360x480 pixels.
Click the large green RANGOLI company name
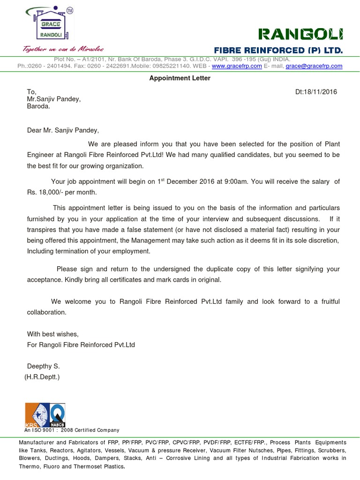click(300, 34)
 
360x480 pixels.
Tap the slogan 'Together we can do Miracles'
click(64, 49)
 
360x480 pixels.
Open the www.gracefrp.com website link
click(233, 66)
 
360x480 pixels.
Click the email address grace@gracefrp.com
click(314, 66)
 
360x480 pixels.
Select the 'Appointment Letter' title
click(180, 78)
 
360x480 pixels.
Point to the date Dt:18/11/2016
click(316, 92)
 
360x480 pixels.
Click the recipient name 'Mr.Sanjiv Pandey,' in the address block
click(53, 99)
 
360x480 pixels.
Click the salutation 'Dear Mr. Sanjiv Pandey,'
click(63, 130)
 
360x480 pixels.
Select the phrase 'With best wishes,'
click(53, 334)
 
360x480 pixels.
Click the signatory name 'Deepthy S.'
click(43, 366)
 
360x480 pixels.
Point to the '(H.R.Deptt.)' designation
click(42, 376)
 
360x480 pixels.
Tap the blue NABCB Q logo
click(57, 415)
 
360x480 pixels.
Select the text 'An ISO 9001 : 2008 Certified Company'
click(72, 430)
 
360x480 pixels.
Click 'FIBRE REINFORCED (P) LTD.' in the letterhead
click(278, 50)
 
